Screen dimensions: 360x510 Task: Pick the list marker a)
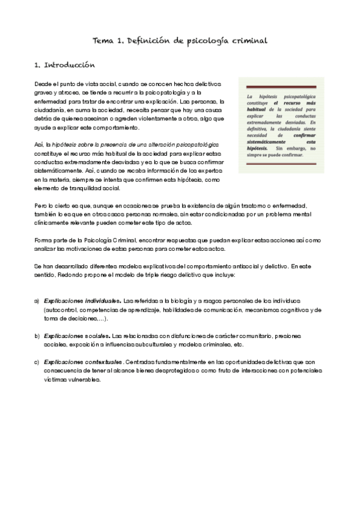point(37,300)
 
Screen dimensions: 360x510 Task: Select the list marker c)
point(37,361)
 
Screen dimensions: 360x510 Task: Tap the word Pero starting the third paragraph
point(41,206)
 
